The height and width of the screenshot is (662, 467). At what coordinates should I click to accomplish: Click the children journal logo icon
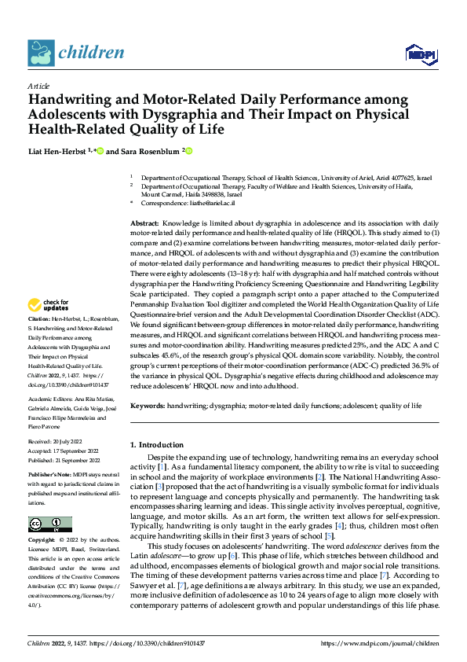(x=41, y=53)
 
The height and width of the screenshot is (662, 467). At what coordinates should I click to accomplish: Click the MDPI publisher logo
(x=420, y=53)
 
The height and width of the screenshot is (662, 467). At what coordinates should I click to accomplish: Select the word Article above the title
(x=38, y=86)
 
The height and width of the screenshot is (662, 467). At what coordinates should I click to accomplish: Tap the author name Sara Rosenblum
(x=150, y=151)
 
